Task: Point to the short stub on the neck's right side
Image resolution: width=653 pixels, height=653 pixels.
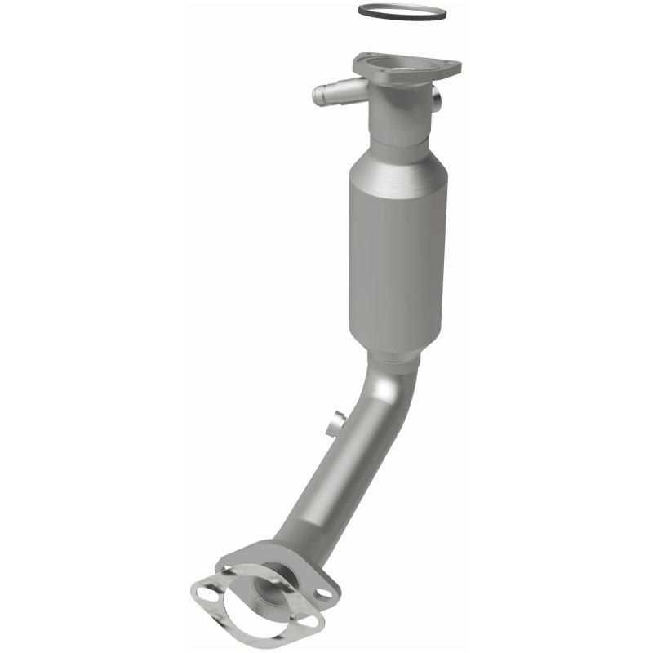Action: tap(438, 101)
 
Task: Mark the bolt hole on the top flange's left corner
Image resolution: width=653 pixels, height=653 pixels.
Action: tap(363, 61)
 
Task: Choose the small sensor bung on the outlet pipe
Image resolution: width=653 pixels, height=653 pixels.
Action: tap(333, 424)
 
